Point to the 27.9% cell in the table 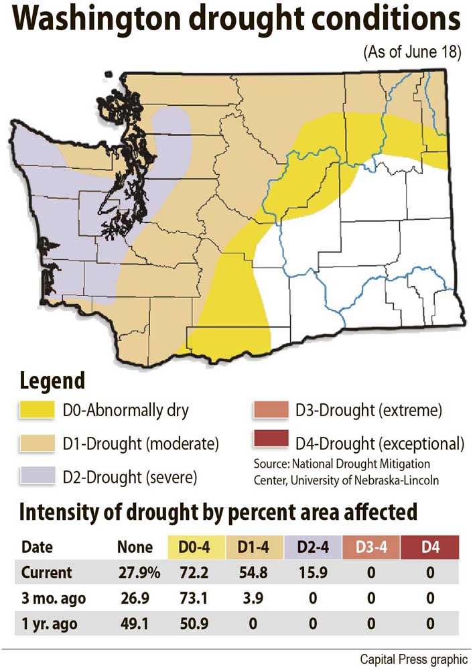click(135, 574)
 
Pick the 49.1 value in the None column click(135, 625)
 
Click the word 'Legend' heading click(53, 381)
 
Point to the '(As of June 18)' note click(411, 53)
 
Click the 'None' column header click(135, 547)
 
